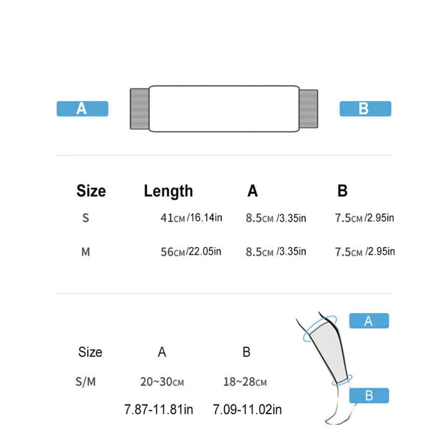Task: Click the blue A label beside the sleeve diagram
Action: tap(83, 109)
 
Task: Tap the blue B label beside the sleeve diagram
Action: tap(365, 109)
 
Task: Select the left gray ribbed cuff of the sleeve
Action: tap(140, 109)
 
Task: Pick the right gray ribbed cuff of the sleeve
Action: tap(308, 109)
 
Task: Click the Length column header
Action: tap(168, 191)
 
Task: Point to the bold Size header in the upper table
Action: tap(91, 191)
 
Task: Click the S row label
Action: tap(85, 218)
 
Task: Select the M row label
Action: tap(86, 252)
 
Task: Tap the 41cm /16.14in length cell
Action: tap(191, 218)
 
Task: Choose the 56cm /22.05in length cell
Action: tap(191, 252)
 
